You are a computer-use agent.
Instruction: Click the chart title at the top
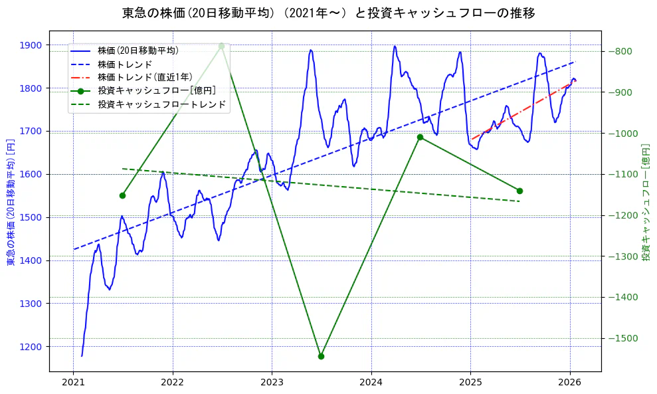coord(328,13)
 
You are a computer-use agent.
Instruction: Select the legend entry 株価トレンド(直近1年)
coord(145,77)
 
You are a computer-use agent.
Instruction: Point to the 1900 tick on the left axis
coord(31,45)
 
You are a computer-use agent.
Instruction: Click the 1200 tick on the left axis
coord(31,346)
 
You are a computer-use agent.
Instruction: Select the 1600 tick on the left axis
coord(31,174)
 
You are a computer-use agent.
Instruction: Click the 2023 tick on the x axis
coord(272,382)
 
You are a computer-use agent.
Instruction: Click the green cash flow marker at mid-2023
coord(321,356)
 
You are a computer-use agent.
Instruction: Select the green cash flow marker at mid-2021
coord(122,195)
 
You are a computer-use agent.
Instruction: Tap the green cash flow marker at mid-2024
coord(420,137)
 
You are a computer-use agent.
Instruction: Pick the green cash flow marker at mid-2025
coord(519,191)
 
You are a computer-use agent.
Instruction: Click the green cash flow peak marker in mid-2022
coord(221,46)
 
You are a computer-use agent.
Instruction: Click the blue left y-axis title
coord(11,202)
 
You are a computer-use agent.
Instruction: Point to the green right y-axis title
coord(645,202)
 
